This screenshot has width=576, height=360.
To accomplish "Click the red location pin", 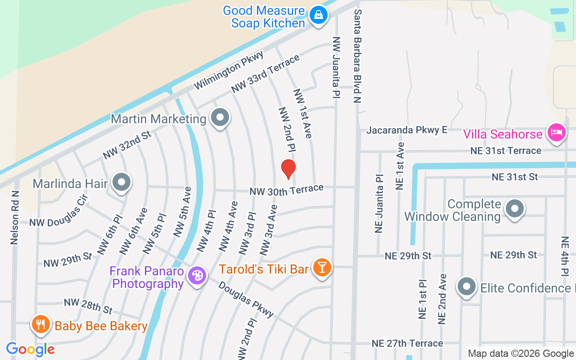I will coord(288,169).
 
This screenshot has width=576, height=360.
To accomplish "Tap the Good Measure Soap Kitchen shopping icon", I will coord(319,15).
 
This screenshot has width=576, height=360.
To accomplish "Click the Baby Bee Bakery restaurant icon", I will coord(40,324).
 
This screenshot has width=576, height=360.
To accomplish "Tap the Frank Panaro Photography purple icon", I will coord(197,275).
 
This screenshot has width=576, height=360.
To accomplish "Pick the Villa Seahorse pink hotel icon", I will coord(556,133).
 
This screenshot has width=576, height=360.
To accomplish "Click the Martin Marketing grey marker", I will coord(220,117).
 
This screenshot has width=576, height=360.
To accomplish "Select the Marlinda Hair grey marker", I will coord(121,182).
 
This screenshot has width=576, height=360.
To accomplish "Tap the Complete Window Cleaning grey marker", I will coord(515,208).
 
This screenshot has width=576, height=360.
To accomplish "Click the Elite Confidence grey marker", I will coord(467,286).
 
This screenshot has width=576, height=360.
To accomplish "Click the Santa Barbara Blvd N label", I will coord(358,56).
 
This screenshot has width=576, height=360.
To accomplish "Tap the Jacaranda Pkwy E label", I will coord(407,130).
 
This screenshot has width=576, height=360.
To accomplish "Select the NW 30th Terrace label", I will coord(287,190).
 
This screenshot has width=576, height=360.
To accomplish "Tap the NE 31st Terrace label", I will coord(506,150).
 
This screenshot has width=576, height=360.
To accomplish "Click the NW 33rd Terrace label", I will coord(265,74).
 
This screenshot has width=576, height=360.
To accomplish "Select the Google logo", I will coord(30,349).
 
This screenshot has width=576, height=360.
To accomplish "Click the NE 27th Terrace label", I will coord(407,343).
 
